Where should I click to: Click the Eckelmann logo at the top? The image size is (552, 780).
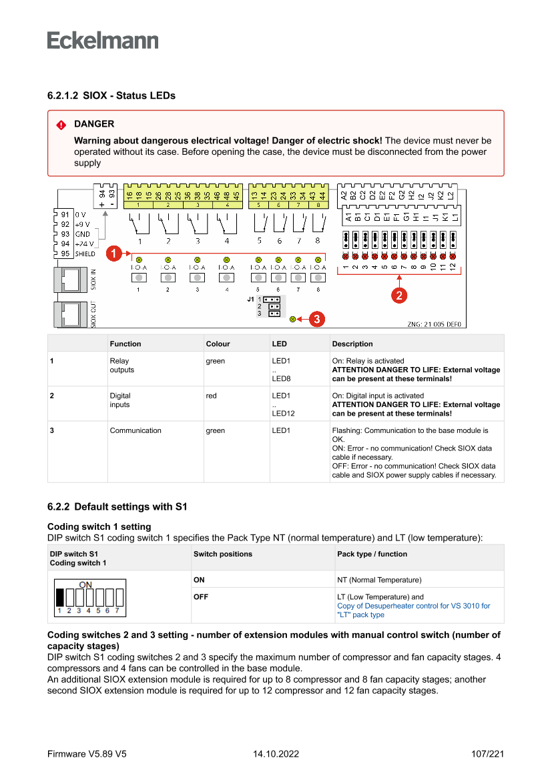click(103, 40)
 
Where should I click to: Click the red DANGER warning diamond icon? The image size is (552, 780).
click(61, 125)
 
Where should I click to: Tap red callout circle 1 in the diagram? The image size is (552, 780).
click(114, 254)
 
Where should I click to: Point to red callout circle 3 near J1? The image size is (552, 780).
click(316, 319)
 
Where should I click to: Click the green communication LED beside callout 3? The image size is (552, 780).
click(293, 319)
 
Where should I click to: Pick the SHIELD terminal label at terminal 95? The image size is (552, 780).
click(85, 254)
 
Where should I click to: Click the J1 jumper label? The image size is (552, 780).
click(251, 300)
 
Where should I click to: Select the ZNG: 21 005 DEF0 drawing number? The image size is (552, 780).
click(434, 324)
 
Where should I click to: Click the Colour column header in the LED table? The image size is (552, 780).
click(218, 344)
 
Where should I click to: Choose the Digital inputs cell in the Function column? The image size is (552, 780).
click(120, 400)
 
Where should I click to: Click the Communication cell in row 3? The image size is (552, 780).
click(135, 430)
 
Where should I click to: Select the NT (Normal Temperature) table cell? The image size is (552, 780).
click(379, 580)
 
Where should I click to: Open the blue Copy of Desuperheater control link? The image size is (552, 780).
click(413, 606)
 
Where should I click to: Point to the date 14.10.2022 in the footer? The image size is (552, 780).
click(276, 754)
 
